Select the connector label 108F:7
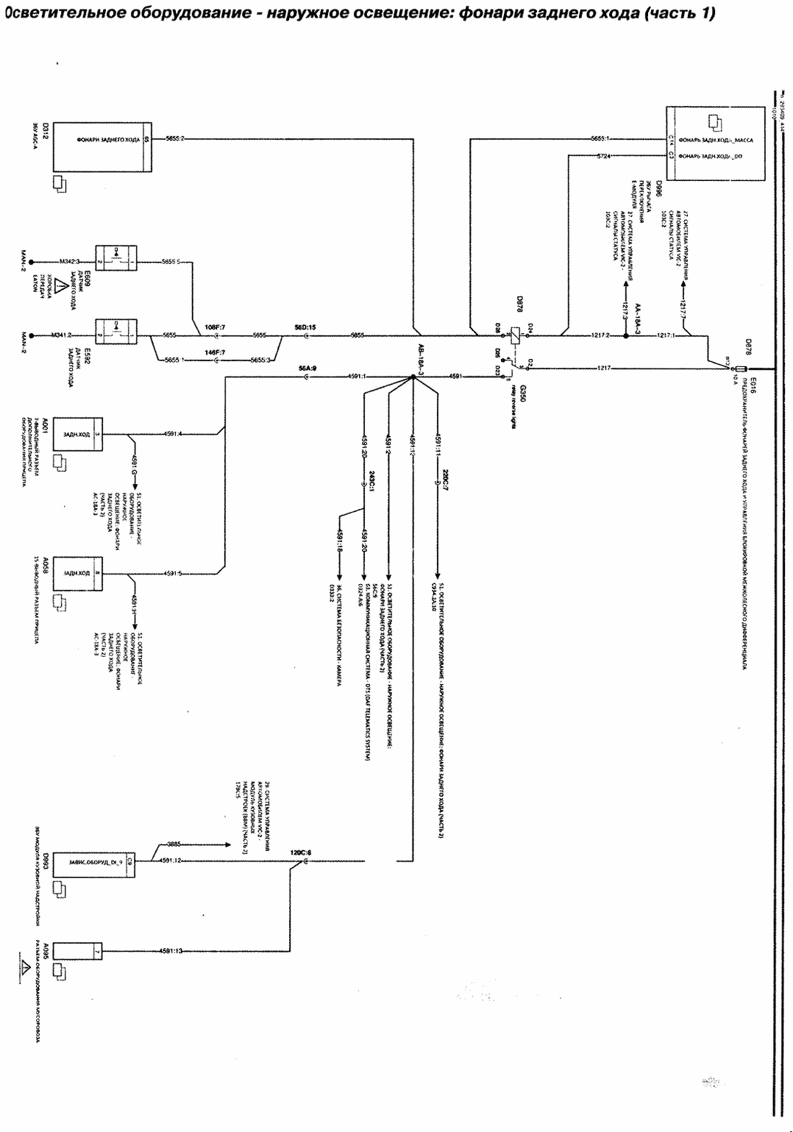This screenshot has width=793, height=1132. tap(215, 326)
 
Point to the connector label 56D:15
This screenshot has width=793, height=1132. tap(305, 327)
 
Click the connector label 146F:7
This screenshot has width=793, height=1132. tap(215, 352)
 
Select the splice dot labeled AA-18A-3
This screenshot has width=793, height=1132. tap(626, 335)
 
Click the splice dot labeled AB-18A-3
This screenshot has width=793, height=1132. tap(412, 377)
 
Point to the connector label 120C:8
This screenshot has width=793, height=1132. tap(300, 852)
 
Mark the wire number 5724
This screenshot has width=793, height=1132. tap(603, 156)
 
